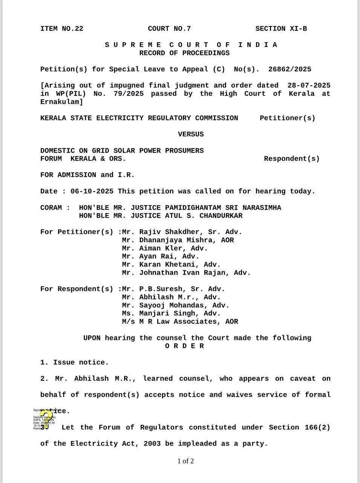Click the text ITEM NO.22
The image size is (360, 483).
61,29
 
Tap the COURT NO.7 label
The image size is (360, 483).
169,29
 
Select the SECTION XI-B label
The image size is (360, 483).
281,29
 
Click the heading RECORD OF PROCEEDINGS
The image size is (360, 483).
184,53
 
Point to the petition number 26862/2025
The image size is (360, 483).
290,69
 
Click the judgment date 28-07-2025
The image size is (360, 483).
308,86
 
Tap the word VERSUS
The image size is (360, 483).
191,134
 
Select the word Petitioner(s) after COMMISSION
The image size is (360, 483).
287,118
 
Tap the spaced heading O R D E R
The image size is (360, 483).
184,346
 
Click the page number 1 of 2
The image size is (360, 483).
185,461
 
